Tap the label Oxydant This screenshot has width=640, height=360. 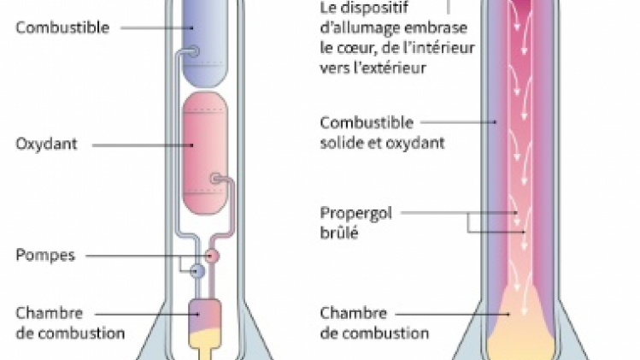point(46,144)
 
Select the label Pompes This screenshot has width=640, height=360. point(44,255)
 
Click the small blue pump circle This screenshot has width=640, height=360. point(197,271)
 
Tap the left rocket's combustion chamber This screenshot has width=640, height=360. point(204,317)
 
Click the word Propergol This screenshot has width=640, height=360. point(355,212)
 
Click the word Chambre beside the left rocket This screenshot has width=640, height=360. point(48,313)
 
